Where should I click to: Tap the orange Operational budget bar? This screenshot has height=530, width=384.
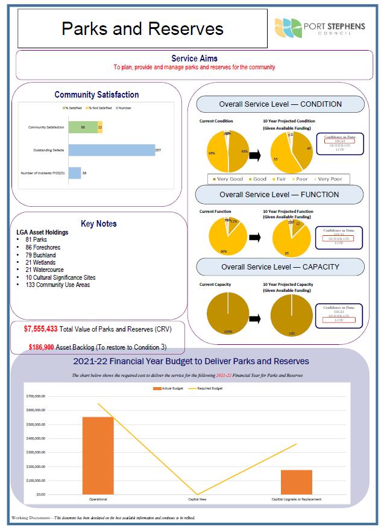tap(98, 455)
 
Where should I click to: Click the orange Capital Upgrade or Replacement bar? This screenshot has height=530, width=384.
tap(296, 482)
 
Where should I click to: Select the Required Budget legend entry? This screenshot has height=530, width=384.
tap(206, 389)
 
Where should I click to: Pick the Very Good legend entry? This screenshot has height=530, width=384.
tap(228, 179)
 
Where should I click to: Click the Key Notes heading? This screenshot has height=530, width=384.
tap(98, 224)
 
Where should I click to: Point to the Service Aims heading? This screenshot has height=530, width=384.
tap(194, 58)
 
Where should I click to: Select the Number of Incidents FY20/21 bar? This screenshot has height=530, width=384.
tap(75, 173)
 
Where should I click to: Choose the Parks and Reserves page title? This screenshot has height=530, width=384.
tap(142, 28)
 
